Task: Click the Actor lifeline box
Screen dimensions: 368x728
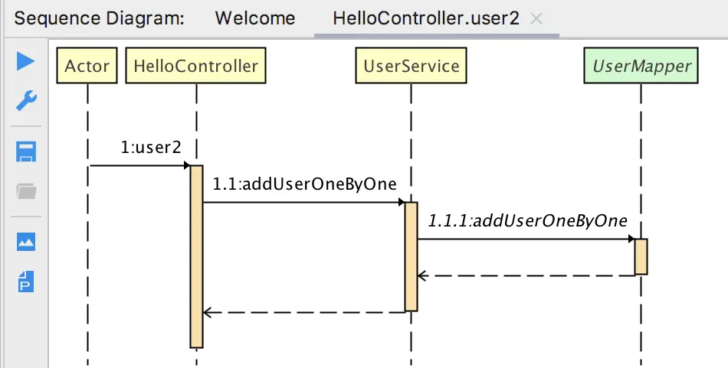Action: (x=87, y=66)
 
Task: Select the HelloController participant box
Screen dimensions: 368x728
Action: (x=196, y=66)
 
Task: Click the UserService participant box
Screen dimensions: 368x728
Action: (x=412, y=66)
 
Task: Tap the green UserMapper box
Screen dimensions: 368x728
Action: (x=641, y=66)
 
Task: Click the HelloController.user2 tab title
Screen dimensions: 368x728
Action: (x=426, y=18)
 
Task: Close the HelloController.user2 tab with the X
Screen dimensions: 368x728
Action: (x=536, y=19)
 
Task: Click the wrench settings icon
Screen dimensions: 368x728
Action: (x=26, y=100)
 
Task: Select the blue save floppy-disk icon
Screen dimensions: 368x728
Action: (x=26, y=151)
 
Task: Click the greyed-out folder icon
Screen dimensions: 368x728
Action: (x=26, y=191)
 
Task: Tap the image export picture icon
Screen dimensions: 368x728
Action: (x=26, y=242)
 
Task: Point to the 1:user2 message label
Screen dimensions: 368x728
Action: (x=151, y=147)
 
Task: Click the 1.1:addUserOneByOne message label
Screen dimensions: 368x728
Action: (x=304, y=184)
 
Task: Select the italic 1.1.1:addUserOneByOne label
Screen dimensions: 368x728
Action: (x=527, y=220)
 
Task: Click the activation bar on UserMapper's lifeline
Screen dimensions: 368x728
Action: (x=641, y=256)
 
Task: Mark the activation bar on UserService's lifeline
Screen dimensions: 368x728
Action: (x=412, y=256)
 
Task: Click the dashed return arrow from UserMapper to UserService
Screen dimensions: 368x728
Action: (x=529, y=275)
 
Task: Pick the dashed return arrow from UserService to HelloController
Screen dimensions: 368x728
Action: (x=304, y=312)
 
